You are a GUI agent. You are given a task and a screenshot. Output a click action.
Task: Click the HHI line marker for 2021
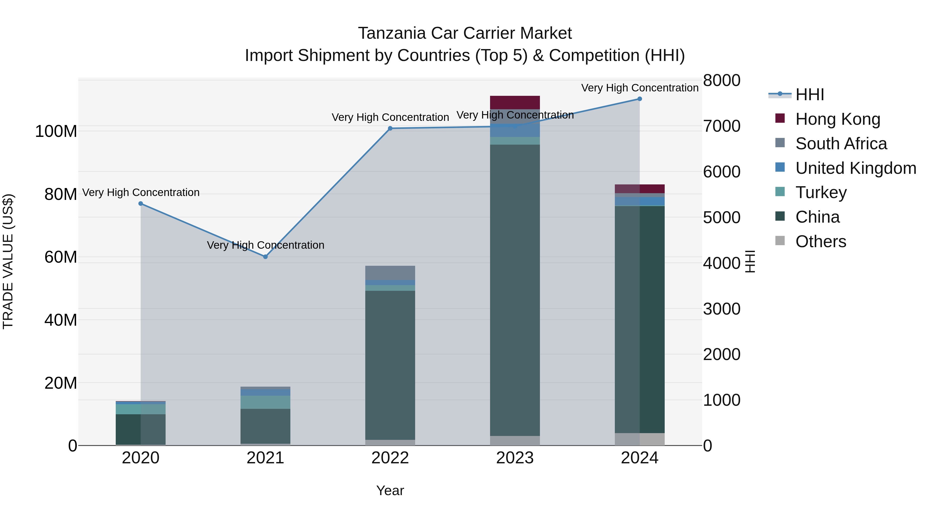click(x=265, y=257)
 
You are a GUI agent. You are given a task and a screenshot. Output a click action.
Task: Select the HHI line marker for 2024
click(x=639, y=99)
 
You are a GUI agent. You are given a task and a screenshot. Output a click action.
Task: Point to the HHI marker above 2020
click(x=141, y=204)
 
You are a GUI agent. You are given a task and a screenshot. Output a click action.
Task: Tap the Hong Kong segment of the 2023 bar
click(x=515, y=103)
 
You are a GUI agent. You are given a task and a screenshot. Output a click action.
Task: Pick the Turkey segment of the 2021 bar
click(x=265, y=402)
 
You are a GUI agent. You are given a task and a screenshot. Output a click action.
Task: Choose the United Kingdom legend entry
click(x=855, y=168)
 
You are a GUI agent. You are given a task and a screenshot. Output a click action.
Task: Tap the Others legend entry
click(x=821, y=241)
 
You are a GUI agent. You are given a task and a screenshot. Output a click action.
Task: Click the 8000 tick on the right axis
click(x=721, y=81)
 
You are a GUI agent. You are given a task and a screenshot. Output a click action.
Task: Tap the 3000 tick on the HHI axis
click(x=721, y=309)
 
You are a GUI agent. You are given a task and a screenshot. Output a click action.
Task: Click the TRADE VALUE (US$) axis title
click(x=8, y=261)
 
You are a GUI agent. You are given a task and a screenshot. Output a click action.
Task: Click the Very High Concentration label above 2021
click(x=265, y=245)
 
